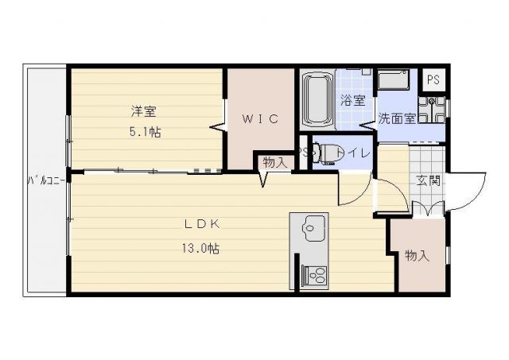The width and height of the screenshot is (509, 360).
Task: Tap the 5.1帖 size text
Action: click(146, 133)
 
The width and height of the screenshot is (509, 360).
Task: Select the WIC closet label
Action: click(260, 120)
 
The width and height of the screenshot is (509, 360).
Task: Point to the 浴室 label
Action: click(352, 101)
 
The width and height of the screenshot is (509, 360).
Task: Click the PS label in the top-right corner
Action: click(433, 79)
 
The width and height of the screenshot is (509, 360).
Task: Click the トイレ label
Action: click(352, 153)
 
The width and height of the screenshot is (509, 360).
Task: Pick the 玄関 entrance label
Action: click(429, 180)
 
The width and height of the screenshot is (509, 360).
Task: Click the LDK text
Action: click(203, 224)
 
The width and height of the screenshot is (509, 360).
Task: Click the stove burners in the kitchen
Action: click(313, 277)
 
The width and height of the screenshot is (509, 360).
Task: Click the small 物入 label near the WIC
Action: click(274, 161)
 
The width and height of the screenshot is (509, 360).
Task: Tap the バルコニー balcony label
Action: click(45, 180)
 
